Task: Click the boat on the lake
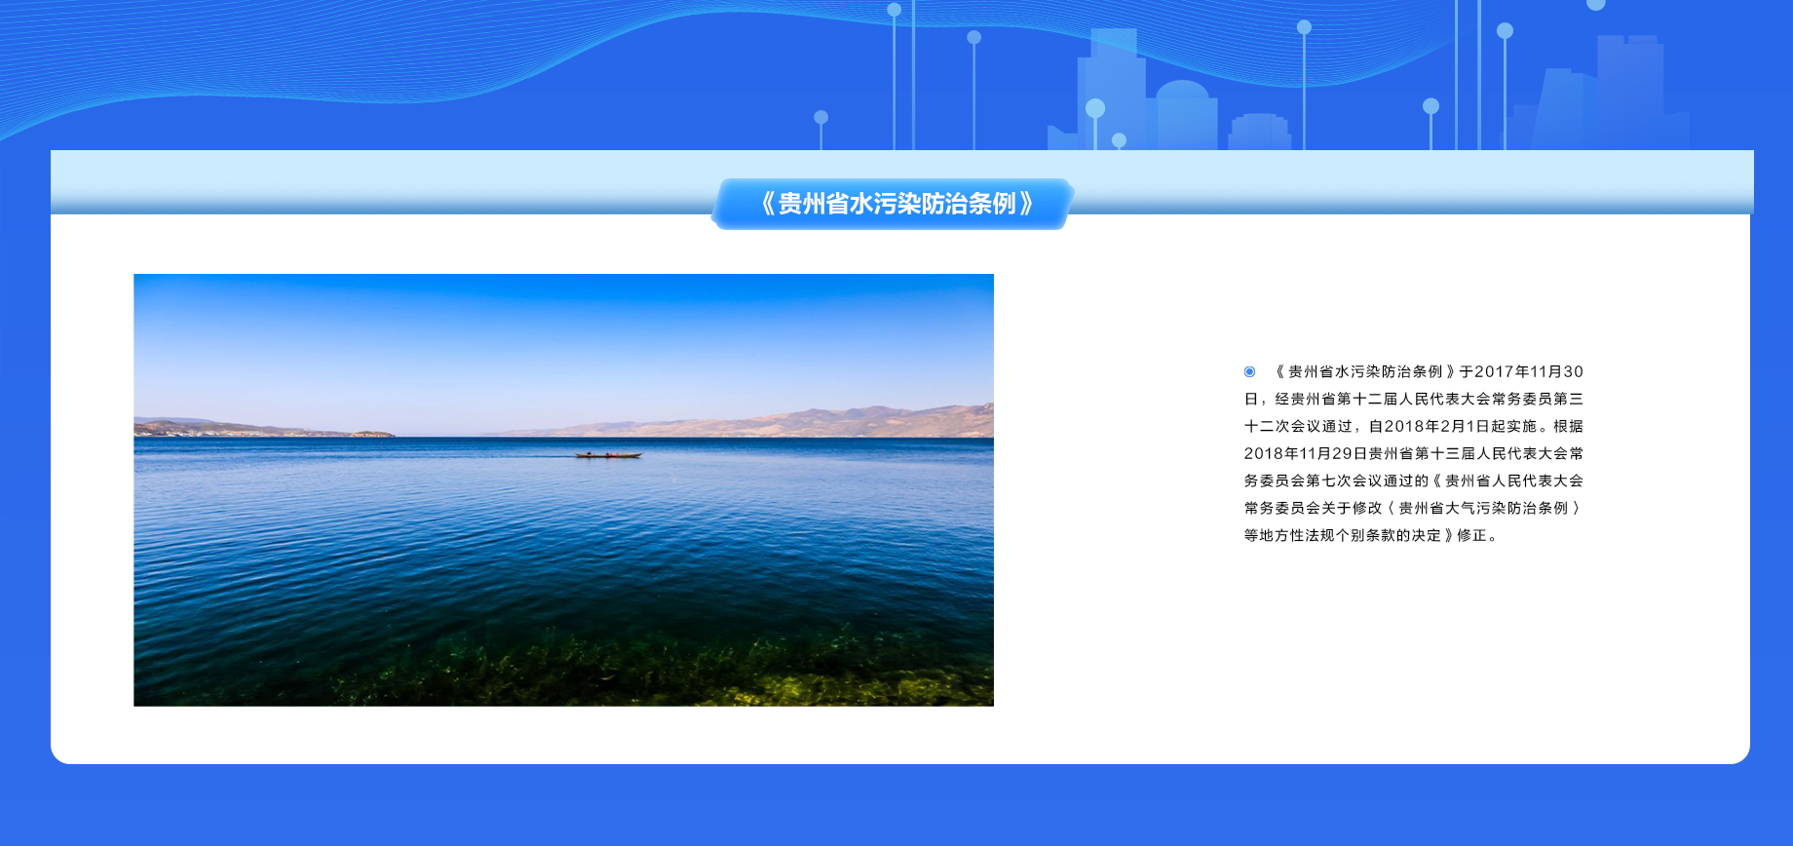tap(608, 454)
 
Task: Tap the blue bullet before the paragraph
tap(1249, 371)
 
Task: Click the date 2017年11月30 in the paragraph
tap(1529, 371)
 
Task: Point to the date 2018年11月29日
tap(1306, 453)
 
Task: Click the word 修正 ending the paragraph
tap(1472, 535)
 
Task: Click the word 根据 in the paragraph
tap(1569, 426)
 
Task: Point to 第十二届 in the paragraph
tap(1368, 399)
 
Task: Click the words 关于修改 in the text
tap(1353, 508)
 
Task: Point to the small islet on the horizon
tap(372, 433)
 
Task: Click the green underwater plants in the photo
tap(663, 668)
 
